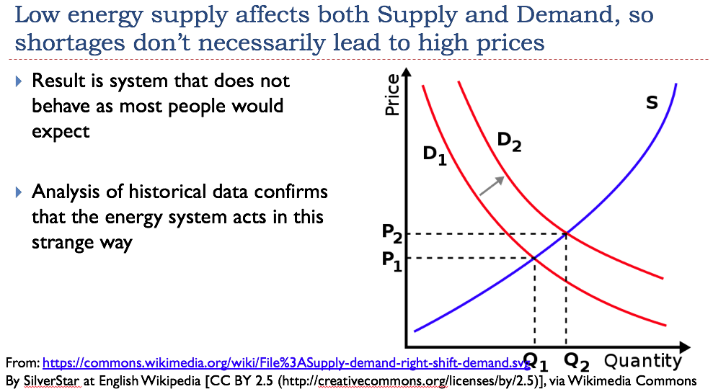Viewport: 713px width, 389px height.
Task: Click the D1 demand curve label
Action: coord(435,155)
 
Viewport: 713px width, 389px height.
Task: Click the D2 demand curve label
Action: coord(509,141)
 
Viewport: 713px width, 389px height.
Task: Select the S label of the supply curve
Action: coord(652,103)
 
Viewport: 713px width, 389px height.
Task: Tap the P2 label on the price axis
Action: coord(392,233)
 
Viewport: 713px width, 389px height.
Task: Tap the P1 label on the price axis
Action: coord(392,261)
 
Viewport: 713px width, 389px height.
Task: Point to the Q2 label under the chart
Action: coord(577,362)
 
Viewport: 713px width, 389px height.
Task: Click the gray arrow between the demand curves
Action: coord(492,186)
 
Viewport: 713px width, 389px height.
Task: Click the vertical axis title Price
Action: coord(392,95)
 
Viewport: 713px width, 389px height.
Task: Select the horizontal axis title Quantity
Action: coord(643,362)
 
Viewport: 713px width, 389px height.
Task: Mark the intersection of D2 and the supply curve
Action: coord(566,234)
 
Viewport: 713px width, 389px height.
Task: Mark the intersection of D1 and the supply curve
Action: coord(534,258)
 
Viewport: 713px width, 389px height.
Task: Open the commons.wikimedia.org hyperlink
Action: coord(286,362)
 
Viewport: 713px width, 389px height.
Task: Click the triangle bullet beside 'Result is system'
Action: coord(19,81)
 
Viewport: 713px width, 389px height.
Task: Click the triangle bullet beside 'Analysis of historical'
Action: coord(19,192)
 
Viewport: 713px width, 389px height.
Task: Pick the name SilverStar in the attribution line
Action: coord(51,380)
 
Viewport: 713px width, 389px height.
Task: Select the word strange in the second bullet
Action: coord(61,243)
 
